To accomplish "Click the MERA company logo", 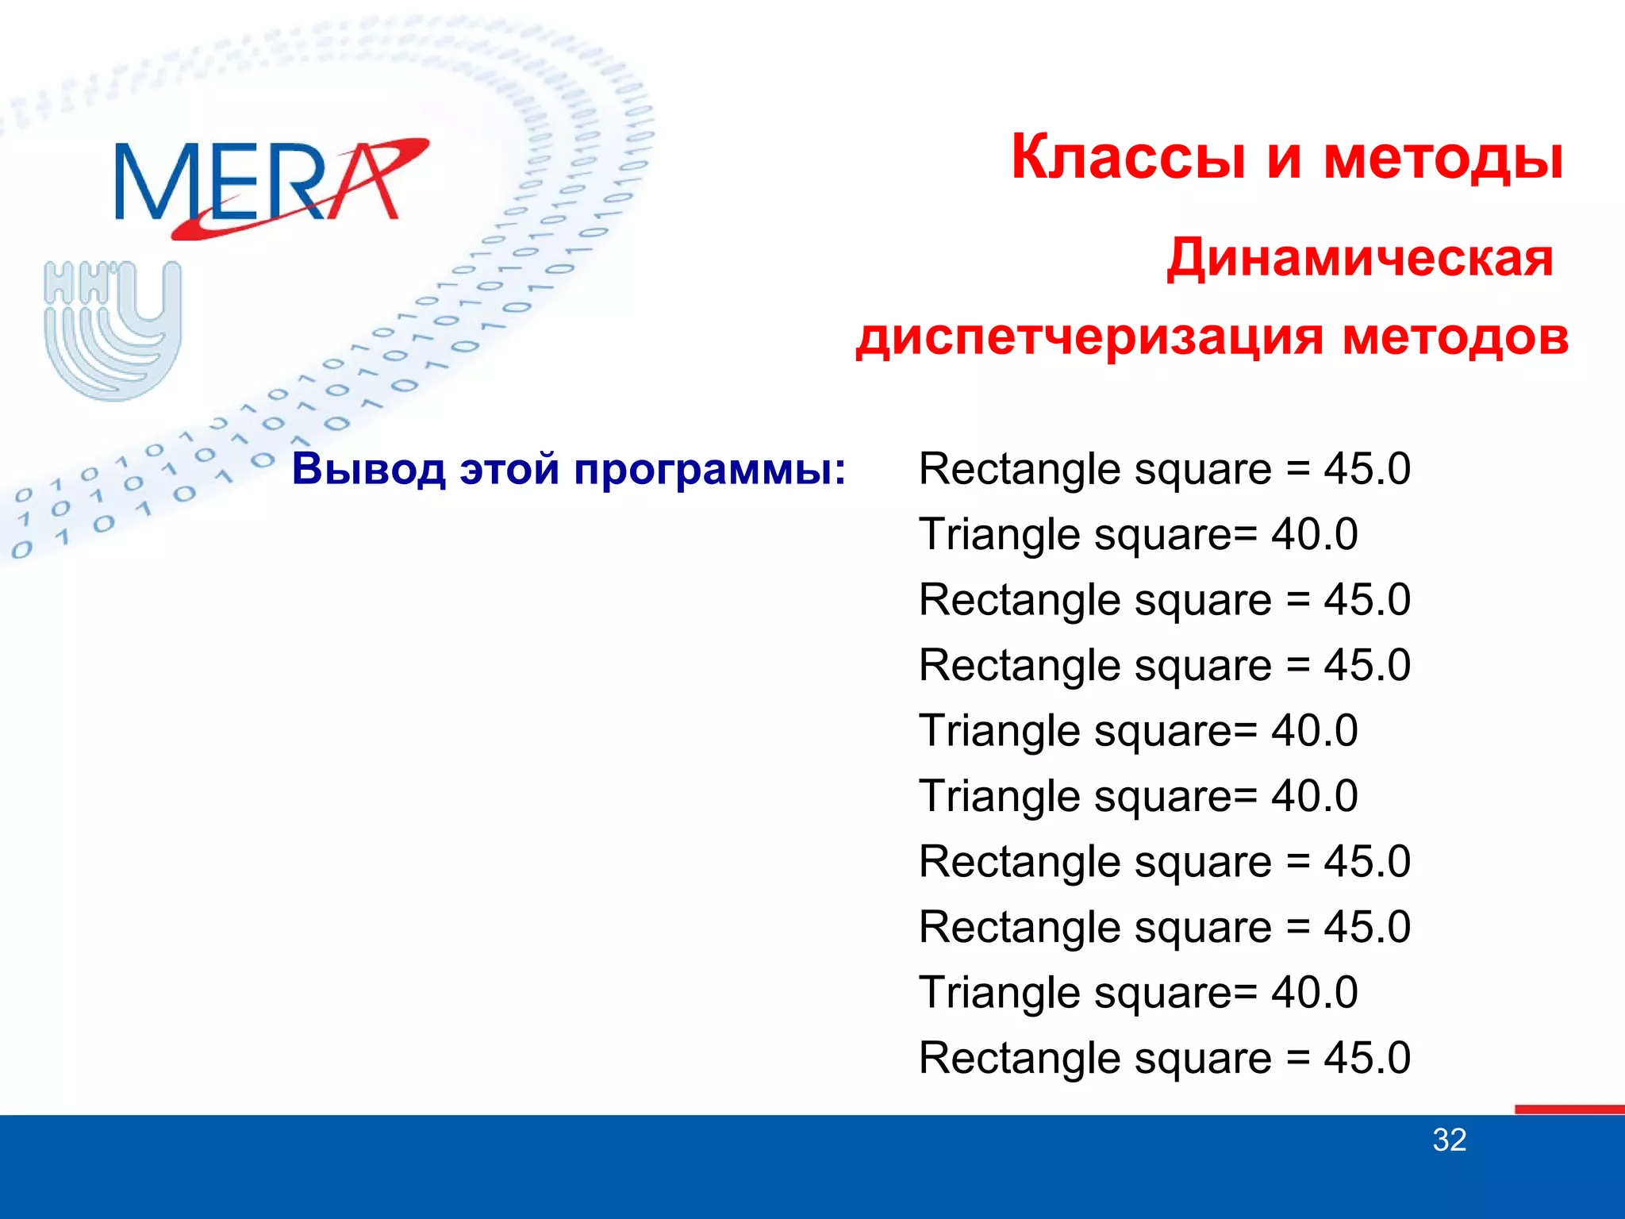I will (x=270, y=187).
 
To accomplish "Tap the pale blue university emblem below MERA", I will (x=113, y=329).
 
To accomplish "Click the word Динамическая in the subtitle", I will (x=1359, y=259).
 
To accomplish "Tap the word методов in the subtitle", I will (x=1455, y=336).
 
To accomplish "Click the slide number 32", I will (x=1449, y=1140).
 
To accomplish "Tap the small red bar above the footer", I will (x=1569, y=1109).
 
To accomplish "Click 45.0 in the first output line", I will (x=1366, y=468).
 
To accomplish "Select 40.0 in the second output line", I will (x=1315, y=534).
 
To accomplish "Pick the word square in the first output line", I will (x=1203, y=470).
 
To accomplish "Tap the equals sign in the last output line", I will (x=1298, y=1059).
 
